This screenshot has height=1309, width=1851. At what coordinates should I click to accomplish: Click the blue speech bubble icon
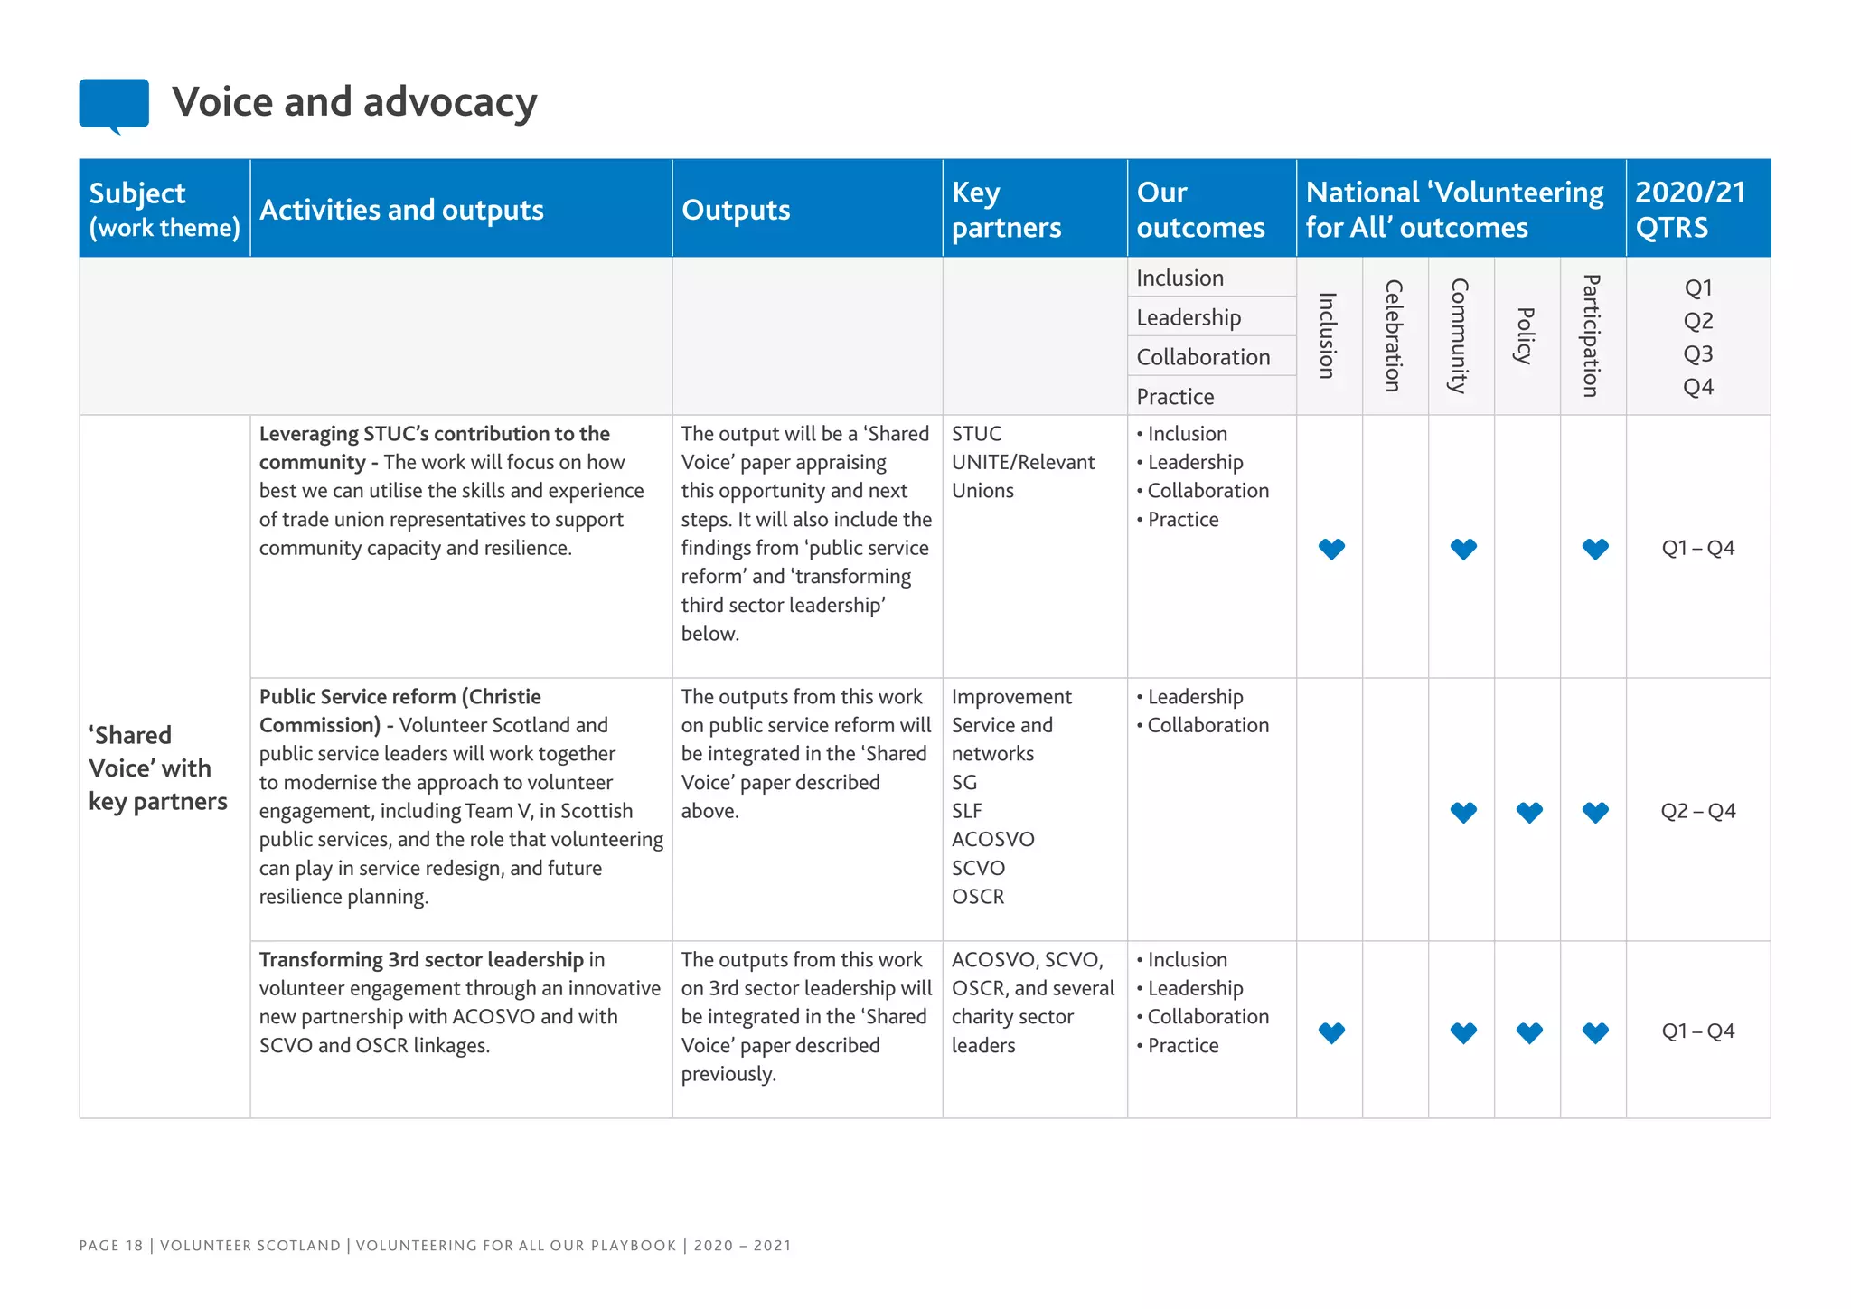click(114, 104)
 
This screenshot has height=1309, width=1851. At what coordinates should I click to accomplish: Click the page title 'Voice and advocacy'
click(354, 102)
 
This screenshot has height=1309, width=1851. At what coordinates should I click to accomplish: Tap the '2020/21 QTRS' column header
click(1689, 210)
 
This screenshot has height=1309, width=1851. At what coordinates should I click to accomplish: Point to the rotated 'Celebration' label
click(1394, 335)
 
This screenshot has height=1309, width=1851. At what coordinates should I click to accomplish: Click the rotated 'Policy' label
click(1526, 335)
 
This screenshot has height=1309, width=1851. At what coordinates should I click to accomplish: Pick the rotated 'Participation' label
click(1592, 335)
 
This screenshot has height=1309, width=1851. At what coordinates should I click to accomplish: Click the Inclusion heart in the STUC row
click(1331, 549)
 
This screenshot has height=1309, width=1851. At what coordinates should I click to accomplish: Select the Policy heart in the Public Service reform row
click(1529, 813)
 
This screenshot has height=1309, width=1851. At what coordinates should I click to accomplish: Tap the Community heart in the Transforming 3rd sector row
click(1463, 1032)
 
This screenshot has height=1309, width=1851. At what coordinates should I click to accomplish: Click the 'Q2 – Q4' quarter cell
click(1697, 811)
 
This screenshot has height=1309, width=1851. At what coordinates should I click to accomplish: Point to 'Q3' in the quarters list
click(1697, 353)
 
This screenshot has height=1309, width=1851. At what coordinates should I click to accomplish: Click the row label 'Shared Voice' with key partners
click(157, 768)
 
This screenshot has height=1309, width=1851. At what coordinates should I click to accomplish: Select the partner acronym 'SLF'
click(966, 811)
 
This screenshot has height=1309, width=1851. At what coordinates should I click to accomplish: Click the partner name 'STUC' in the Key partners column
click(976, 434)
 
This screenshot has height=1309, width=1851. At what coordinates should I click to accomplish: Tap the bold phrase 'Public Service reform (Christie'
click(399, 697)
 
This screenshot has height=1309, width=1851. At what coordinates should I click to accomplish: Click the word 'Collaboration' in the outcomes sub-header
click(1203, 357)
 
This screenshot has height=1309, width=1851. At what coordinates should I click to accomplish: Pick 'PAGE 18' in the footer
click(111, 1246)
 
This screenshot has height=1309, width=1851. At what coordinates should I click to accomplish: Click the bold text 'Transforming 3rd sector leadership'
click(421, 960)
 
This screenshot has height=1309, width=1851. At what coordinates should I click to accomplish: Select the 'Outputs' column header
click(736, 210)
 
